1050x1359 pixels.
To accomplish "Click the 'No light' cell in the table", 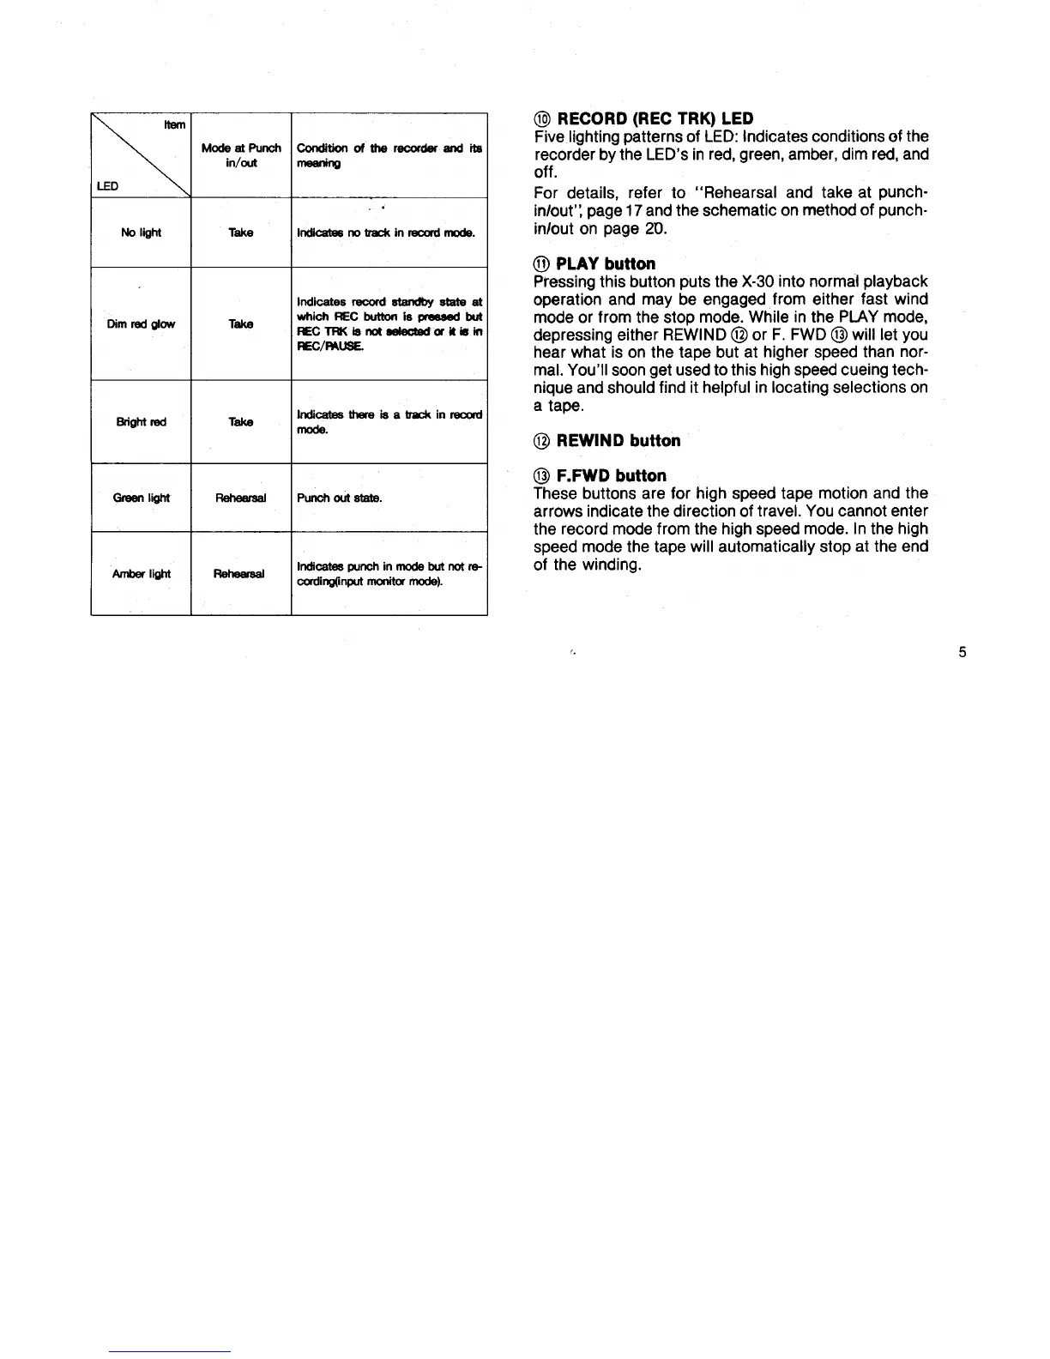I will coord(142,233).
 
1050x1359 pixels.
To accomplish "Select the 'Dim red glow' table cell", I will coord(142,324).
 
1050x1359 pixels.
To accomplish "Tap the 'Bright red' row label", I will coord(142,422).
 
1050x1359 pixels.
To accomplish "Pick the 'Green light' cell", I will coord(142,498).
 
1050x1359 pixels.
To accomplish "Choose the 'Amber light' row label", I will coord(142,574).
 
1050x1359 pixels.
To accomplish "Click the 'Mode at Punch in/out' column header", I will coord(241,155).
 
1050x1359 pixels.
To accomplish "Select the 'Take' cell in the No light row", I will coord(241,233).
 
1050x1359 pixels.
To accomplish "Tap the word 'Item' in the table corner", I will coord(174,125).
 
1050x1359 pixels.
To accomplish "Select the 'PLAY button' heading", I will coord(606,263).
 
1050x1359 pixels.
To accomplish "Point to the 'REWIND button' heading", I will coord(618,441).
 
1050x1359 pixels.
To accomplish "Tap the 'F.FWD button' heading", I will coord(611,475).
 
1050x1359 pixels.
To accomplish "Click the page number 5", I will coord(962,652).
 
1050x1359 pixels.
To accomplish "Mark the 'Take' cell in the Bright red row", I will coord(241,422).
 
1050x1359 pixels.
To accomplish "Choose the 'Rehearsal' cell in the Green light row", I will coord(241,498).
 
